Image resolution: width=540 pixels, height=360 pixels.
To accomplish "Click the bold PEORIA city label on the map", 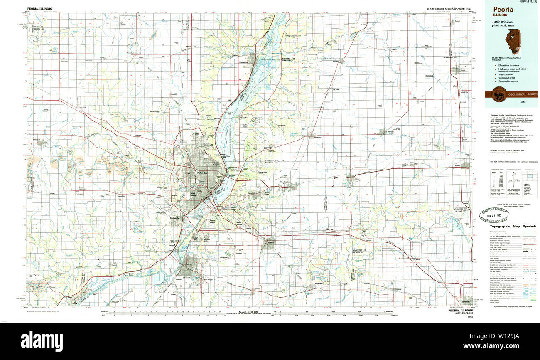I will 202,173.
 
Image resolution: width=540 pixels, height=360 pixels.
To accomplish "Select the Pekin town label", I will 189,264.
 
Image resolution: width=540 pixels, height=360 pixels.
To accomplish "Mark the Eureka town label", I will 356,179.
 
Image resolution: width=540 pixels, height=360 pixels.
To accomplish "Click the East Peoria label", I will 220,206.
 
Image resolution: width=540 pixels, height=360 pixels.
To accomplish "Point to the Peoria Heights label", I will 216,164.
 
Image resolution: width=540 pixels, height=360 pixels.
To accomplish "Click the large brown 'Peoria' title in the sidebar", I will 503,10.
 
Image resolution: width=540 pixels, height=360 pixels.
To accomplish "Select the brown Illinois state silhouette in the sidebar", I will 512,41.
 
